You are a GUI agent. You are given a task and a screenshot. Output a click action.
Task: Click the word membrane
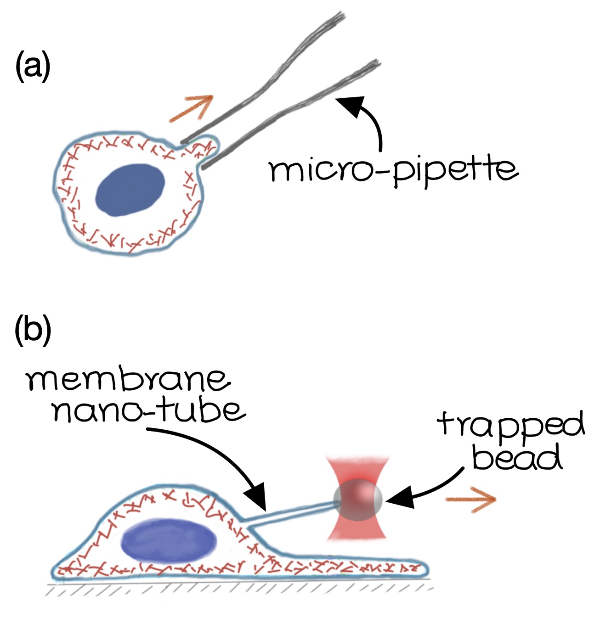[x=128, y=380]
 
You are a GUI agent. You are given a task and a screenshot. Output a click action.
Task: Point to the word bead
[x=517, y=457]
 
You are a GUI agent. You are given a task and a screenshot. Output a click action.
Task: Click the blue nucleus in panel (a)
[x=130, y=190]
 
